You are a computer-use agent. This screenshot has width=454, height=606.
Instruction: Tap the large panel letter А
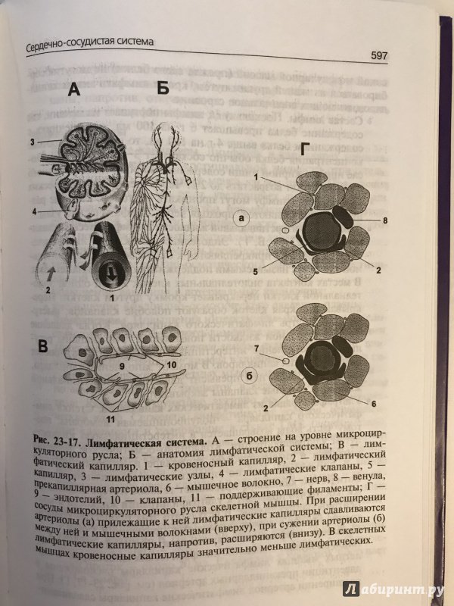[74, 91]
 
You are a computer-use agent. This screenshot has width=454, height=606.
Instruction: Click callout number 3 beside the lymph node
[33, 142]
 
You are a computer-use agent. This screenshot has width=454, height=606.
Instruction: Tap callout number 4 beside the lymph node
[33, 211]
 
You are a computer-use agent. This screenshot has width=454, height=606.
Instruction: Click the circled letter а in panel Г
[241, 220]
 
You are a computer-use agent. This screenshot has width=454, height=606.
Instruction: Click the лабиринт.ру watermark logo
[394, 588]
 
